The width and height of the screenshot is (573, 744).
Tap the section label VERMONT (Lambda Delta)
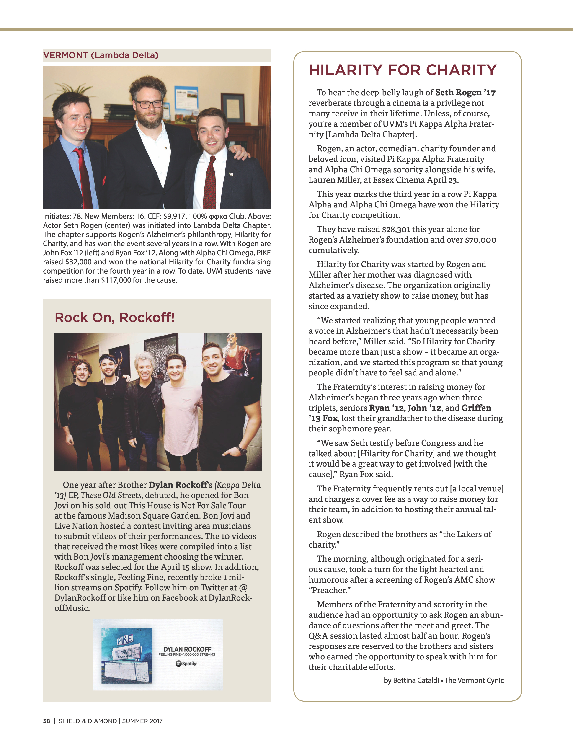(101, 55)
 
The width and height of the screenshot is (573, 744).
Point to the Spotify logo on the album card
(186, 664)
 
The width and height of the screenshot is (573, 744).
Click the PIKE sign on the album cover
(125, 640)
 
